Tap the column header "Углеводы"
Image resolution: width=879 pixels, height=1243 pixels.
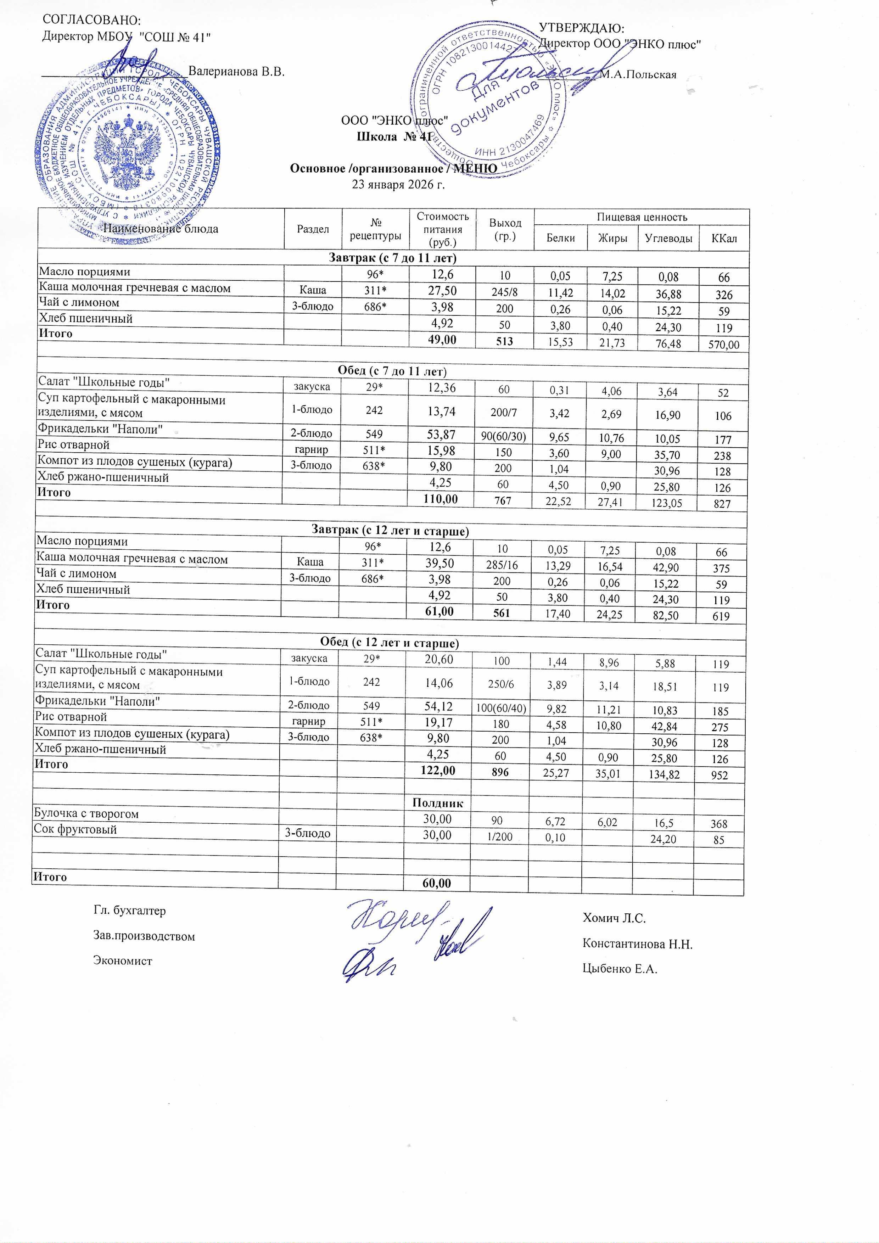pyautogui.click(x=668, y=238)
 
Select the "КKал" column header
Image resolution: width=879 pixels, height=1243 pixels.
pyautogui.click(x=724, y=238)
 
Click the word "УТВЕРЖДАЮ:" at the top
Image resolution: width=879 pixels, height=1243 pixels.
pyautogui.click(x=582, y=28)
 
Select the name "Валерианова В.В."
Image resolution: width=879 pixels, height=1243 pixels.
pyautogui.click(x=236, y=72)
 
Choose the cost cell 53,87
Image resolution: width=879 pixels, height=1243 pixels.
pyautogui.click(x=442, y=434)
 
